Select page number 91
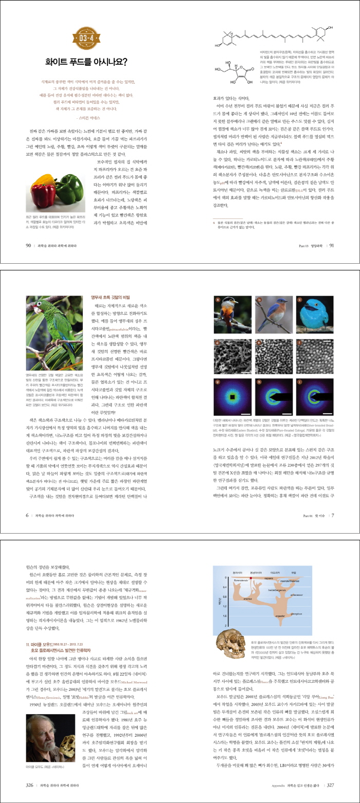point(332,245)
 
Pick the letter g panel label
point(218,394)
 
